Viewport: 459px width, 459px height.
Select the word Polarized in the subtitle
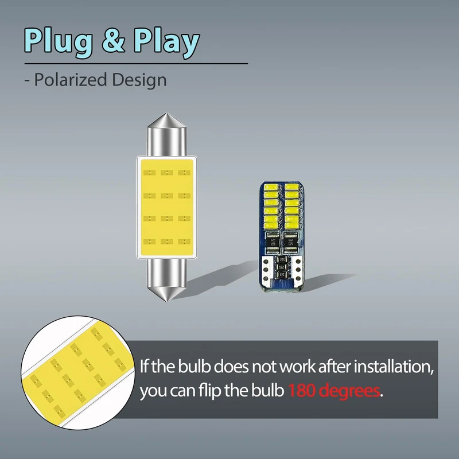[x=71, y=79]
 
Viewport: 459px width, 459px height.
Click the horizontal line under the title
[x=135, y=63]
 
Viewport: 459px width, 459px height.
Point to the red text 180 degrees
[x=334, y=391]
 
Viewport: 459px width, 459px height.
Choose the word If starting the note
[x=146, y=365]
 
